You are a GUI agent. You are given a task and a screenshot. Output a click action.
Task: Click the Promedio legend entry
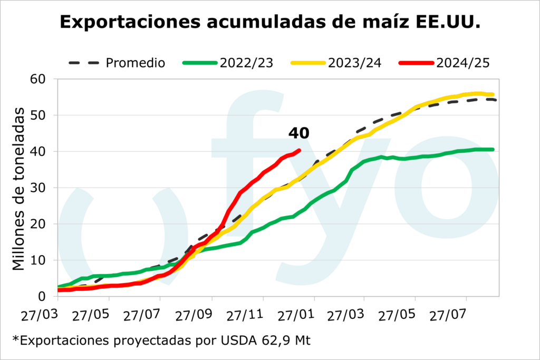(x=136, y=63)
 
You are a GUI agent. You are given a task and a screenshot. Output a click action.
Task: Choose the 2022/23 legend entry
(x=246, y=63)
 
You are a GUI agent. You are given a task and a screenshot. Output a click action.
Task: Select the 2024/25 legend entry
(x=463, y=63)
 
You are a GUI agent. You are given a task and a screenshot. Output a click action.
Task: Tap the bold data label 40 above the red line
(x=298, y=134)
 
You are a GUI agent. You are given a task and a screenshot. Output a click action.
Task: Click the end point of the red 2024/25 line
(x=299, y=150)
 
